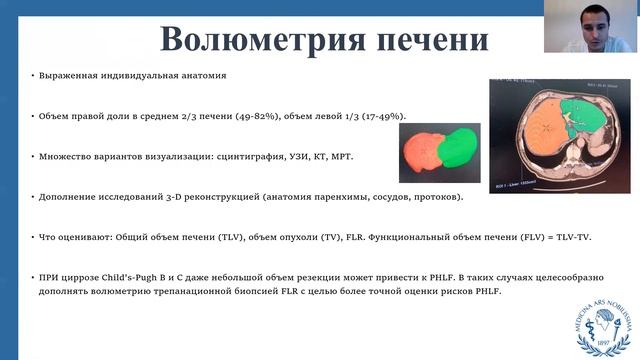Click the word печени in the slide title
click(427, 41)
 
